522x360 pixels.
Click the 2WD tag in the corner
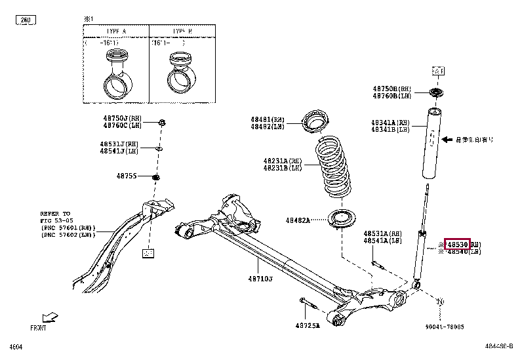pyautogui.click(x=25, y=21)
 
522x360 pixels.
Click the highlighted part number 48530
pyautogui.click(x=457, y=245)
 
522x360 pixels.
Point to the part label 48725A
pyautogui.click(x=307, y=326)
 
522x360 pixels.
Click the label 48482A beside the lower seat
pyautogui.click(x=297, y=220)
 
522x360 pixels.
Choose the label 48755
pyautogui.click(x=127, y=176)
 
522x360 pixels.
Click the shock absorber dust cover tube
pyautogui.click(x=433, y=146)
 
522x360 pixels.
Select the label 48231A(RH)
pyautogui.click(x=283, y=161)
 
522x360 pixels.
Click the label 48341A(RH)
pyautogui.click(x=391, y=123)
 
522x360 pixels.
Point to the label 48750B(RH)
pyautogui.click(x=392, y=89)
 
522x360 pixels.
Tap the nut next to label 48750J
pyautogui.click(x=163, y=122)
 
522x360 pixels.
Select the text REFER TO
pyautogui.click(x=55, y=214)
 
